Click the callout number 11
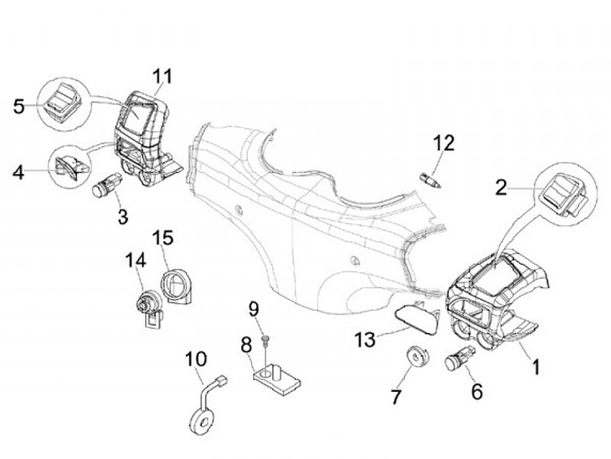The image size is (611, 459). click(x=162, y=76)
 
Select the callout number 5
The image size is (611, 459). click(x=20, y=107)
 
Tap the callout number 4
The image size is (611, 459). click(x=18, y=173)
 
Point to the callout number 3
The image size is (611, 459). click(x=123, y=216)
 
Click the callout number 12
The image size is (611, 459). click(x=445, y=142)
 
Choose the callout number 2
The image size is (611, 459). click(x=502, y=188)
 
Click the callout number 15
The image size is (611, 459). click(x=162, y=236)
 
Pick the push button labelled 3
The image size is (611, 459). click(x=108, y=184)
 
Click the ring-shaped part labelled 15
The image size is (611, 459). click(x=178, y=285)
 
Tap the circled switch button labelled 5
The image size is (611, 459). click(x=64, y=104)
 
